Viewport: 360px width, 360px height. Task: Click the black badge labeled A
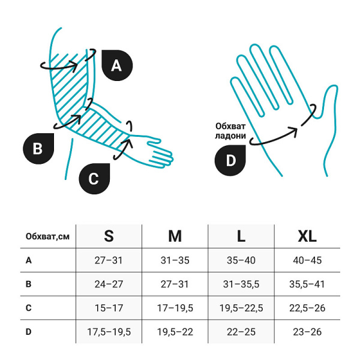coord(117,65)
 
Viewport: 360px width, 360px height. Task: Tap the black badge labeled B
coord(38,149)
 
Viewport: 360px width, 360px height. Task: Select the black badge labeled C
coord(94,179)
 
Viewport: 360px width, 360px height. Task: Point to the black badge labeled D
coord(230,160)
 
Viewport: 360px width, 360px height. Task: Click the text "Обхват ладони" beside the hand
coord(230,131)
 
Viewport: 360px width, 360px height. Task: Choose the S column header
coord(109,236)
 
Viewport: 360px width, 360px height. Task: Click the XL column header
coord(307,236)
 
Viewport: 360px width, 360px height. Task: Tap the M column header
coord(175,236)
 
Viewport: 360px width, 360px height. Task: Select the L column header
coord(241,236)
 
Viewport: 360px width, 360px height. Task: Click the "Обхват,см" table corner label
coord(47,236)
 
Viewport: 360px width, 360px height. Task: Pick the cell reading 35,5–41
coord(307,284)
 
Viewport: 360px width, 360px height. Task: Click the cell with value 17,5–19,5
coord(109,332)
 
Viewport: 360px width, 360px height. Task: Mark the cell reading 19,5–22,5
coord(241,308)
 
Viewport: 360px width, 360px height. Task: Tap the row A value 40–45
coord(307,260)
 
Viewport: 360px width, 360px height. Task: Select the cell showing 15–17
coord(109,308)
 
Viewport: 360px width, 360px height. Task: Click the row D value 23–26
coord(307,332)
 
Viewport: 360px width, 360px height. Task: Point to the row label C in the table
coord(28,308)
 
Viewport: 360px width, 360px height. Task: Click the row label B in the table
coord(28,284)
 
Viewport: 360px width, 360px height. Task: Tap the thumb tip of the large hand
coord(334,86)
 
